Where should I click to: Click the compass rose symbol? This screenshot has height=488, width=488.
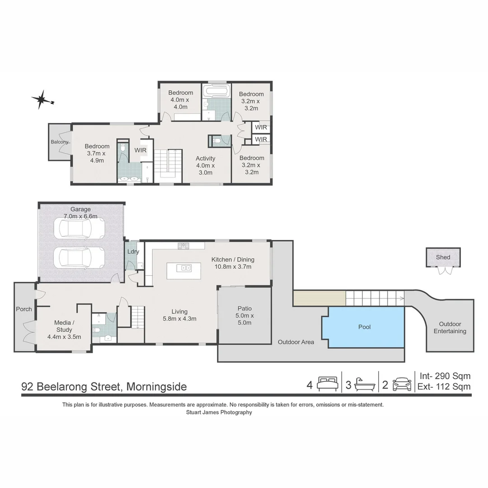tap(42, 99)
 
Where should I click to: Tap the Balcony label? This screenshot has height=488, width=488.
tap(60, 142)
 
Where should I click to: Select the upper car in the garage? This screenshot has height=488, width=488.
tap(79, 228)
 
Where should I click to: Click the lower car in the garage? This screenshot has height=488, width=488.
tap(79, 258)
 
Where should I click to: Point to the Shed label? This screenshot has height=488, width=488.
tap(443, 257)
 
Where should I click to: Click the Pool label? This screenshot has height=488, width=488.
tap(364, 327)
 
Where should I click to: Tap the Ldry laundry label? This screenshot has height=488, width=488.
tap(133, 252)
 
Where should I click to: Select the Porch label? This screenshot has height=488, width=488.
tap(24, 309)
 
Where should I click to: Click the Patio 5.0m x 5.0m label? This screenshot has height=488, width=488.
tap(244, 315)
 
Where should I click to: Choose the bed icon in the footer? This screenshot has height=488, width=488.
tap(327, 384)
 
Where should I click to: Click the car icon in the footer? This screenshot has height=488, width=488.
tap(402, 384)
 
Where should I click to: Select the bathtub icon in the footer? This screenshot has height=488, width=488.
tap(364, 384)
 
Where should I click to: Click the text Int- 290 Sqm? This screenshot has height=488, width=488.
tap(445, 376)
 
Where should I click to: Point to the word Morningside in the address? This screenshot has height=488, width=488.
tap(156, 387)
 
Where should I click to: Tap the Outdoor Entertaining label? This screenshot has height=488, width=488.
tap(450, 328)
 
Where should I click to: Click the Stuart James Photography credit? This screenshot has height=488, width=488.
tap(219, 412)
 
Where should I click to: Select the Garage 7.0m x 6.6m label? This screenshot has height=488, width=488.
tap(80, 213)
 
